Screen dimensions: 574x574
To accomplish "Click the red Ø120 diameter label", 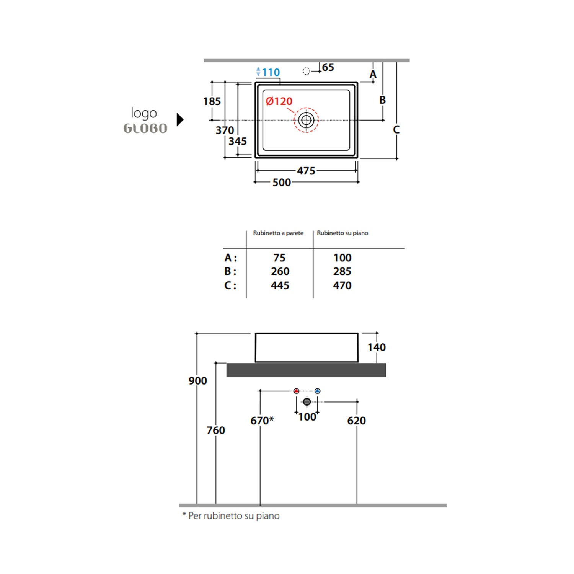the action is pyautogui.click(x=279, y=101).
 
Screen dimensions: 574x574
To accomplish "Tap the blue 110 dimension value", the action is pyautogui.click(x=271, y=72).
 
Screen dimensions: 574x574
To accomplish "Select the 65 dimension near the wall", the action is pyautogui.click(x=328, y=67).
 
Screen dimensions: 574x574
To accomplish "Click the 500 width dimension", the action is pyautogui.click(x=282, y=183).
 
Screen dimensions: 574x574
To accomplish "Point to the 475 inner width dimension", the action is pyautogui.click(x=306, y=171).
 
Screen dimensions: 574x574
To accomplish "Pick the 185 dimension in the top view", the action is pyautogui.click(x=212, y=101).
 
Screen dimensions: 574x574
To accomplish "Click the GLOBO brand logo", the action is pyautogui.click(x=145, y=128).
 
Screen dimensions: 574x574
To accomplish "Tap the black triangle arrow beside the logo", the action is pyautogui.click(x=180, y=119).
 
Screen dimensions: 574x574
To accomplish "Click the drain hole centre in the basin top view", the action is pyautogui.click(x=306, y=120).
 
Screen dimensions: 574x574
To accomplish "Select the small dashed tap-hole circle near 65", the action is pyautogui.click(x=306, y=71).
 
